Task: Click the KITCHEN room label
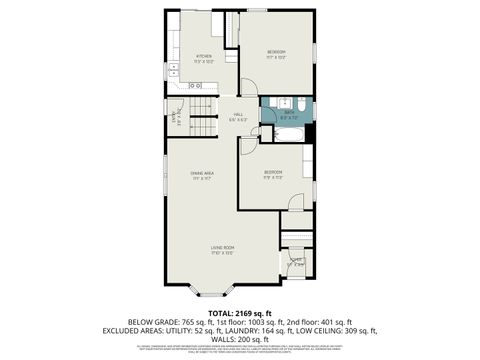click(x=204, y=57)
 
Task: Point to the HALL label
click(x=239, y=115)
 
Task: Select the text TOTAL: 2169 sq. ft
click(x=240, y=312)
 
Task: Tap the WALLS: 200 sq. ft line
click(x=240, y=340)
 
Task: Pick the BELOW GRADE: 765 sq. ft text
click(x=136, y=322)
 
